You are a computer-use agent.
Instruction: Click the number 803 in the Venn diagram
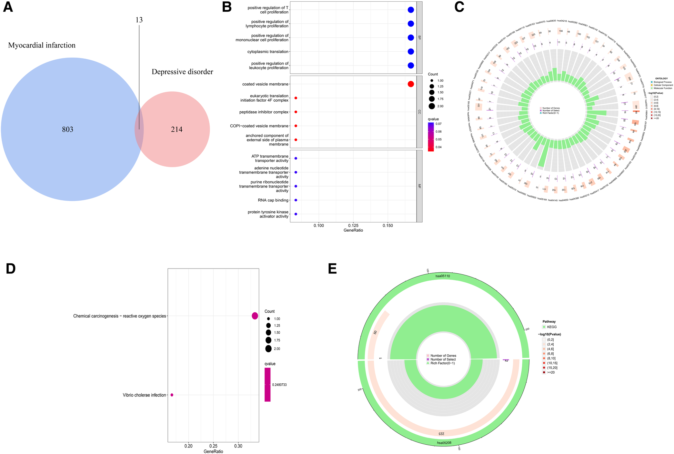tap(68, 129)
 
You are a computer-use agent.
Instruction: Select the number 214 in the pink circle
tap(177, 129)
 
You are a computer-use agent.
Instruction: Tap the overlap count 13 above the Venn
tap(139, 20)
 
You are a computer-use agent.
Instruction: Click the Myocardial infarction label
tap(42, 45)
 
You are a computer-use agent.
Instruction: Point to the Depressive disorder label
tap(182, 72)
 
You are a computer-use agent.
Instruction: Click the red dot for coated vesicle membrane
tap(410, 84)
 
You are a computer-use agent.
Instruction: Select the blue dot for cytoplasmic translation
tap(410, 52)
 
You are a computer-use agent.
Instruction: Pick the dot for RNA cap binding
tap(296, 200)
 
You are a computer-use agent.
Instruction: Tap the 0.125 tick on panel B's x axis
tap(353, 226)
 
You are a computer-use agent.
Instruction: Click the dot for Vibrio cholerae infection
tap(172, 395)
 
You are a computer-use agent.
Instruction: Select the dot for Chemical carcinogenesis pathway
tap(255, 316)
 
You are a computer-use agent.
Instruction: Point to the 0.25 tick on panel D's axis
tap(213, 446)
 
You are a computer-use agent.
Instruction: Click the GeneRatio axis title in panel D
tap(213, 451)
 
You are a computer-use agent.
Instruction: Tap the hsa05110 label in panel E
tap(443, 276)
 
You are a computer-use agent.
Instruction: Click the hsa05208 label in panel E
tap(444, 443)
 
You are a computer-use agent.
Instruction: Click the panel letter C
tap(459, 7)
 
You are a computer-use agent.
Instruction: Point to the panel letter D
tap(11, 269)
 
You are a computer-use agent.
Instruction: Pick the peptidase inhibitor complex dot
tap(296, 112)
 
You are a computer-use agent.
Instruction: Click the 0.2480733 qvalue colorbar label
tap(279, 385)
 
